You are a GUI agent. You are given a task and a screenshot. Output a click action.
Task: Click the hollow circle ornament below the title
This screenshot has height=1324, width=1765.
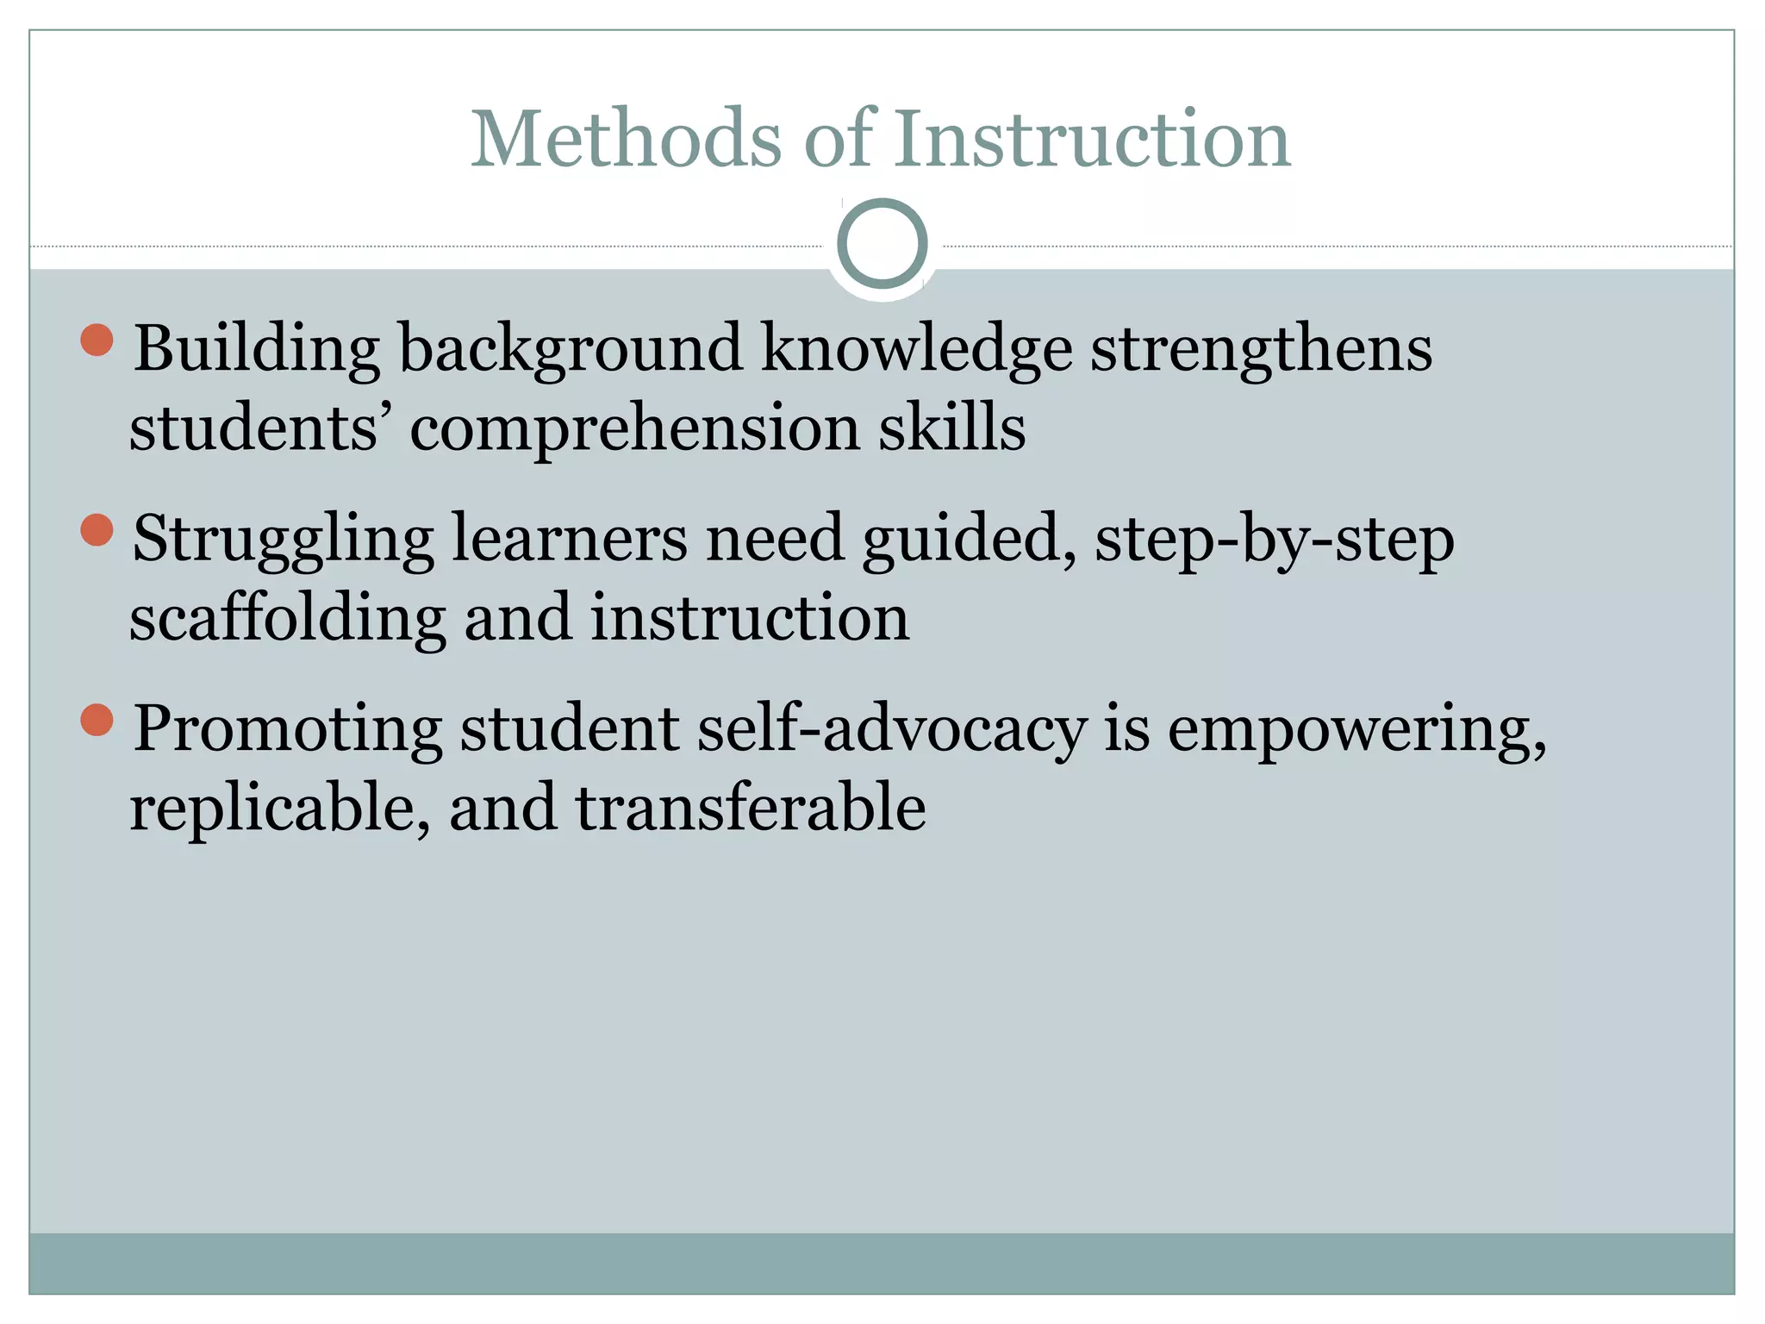882,244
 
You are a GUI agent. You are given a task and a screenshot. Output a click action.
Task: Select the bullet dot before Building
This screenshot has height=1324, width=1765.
97,340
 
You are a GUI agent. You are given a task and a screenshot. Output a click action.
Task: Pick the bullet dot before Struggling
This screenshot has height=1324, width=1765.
97,530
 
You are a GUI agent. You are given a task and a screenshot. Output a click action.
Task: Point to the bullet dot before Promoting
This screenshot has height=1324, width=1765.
97,720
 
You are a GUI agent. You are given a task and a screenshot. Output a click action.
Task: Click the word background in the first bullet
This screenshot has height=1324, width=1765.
570,351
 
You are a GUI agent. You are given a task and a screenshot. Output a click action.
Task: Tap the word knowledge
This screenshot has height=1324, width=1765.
916,351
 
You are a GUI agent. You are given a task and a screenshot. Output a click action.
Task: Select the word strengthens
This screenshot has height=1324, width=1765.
1261,349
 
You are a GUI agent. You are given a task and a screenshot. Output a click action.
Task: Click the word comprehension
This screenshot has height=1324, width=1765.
634,429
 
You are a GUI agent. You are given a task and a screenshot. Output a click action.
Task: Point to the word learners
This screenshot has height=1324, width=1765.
569,539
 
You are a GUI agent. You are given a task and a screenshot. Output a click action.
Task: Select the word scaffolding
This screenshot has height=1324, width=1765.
288,620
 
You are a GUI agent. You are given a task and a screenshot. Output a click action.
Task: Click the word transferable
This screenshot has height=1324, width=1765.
750,808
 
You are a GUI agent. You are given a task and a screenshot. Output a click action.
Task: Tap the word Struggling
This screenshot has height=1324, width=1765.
283,540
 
